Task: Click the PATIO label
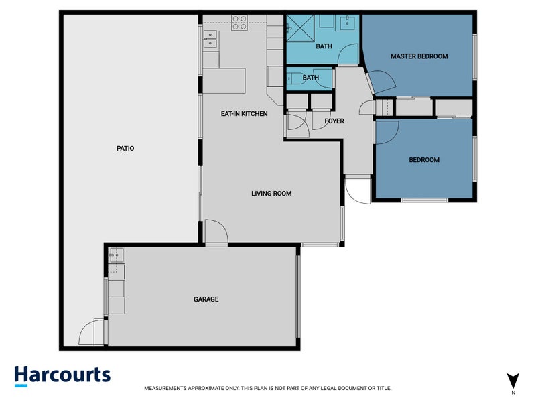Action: [x=125, y=149]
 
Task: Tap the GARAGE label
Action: [x=206, y=299]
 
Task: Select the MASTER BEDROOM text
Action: [x=419, y=56]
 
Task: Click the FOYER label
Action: [x=334, y=121]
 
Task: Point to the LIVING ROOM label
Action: [x=271, y=194]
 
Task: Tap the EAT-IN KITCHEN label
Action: [x=244, y=114]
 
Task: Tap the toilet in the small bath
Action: [x=294, y=78]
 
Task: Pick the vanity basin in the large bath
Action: [x=348, y=23]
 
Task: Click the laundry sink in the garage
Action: [x=116, y=255]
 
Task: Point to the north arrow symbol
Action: [x=513, y=379]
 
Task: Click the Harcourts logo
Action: [x=62, y=375]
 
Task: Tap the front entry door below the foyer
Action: [x=357, y=190]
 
